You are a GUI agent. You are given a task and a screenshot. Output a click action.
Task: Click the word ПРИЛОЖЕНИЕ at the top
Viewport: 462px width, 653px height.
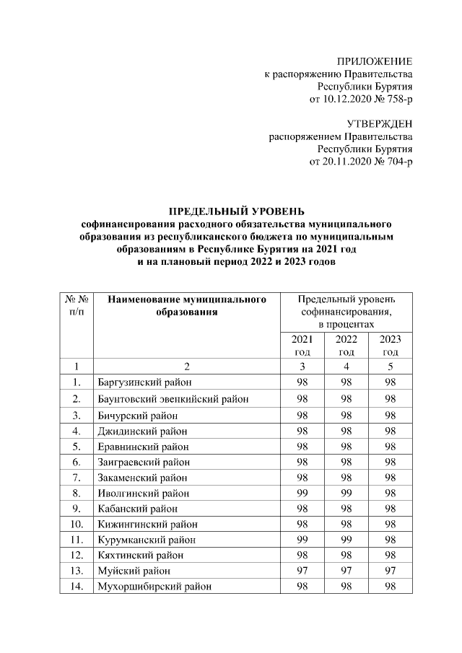click(375, 61)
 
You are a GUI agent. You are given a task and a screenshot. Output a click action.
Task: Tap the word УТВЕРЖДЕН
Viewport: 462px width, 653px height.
click(380, 123)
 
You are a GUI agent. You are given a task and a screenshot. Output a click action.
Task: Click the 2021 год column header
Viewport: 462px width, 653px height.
click(302, 346)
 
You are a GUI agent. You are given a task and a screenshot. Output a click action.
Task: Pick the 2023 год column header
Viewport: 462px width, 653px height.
click(391, 346)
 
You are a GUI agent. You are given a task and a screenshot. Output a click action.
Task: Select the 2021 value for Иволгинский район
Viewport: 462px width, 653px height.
click(302, 494)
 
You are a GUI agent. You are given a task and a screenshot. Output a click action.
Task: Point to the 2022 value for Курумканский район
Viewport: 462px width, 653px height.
click(346, 540)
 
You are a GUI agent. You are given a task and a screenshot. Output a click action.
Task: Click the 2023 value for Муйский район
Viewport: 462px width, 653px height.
click(391, 571)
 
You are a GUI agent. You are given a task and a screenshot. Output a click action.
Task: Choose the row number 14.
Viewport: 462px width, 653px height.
click(76, 587)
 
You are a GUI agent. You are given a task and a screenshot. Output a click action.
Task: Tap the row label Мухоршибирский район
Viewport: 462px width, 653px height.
click(154, 587)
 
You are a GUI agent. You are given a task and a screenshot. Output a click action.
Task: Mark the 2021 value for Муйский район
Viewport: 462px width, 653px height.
click(302, 571)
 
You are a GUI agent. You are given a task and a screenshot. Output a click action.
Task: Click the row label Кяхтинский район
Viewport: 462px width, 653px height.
click(140, 556)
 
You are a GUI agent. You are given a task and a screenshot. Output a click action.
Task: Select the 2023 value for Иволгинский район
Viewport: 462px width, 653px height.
click(391, 494)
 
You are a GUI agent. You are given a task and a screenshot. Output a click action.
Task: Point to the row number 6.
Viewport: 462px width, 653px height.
click(76, 462)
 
